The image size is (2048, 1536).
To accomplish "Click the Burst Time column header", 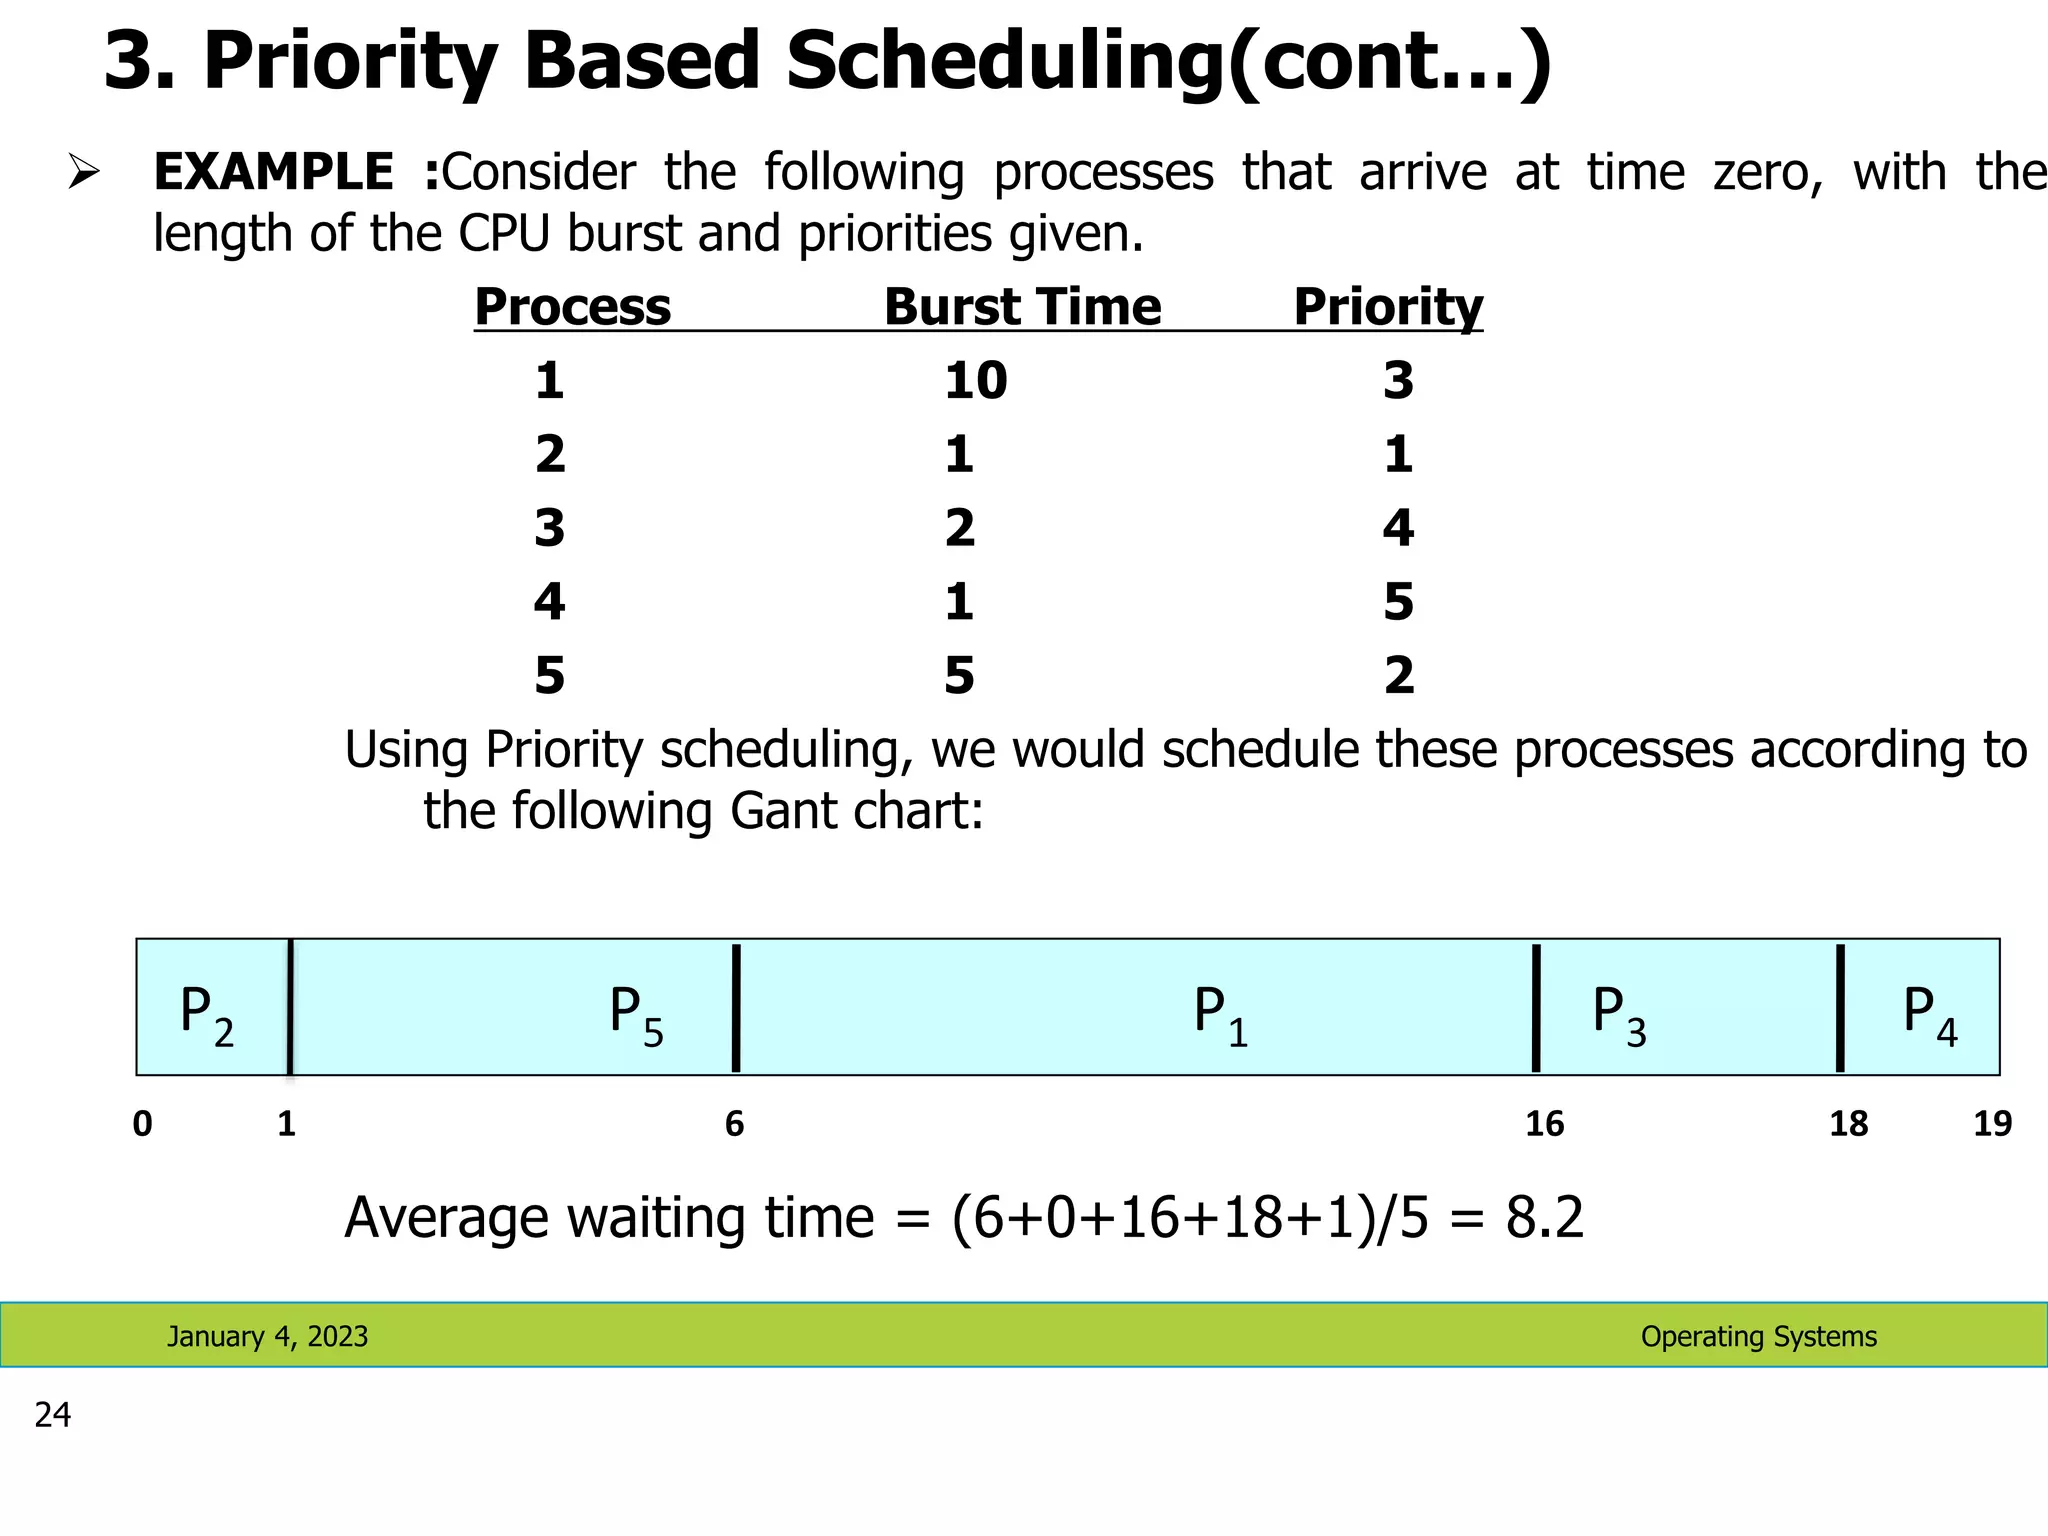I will [x=1022, y=306].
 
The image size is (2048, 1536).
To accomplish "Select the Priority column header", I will [x=1388, y=306].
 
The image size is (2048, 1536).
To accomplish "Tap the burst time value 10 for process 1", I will [x=975, y=381].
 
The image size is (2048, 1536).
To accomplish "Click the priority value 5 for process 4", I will [x=1398, y=602].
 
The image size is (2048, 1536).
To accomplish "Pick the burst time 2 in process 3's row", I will [x=959, y=528].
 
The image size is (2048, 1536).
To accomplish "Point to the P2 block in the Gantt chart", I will [x=207, y=1012].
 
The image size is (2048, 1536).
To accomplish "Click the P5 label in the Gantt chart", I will [x=636, y=1012].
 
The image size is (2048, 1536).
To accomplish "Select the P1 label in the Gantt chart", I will [x=1220, y=1012].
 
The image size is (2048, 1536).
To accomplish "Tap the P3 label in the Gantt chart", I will [x=1618, y=1012].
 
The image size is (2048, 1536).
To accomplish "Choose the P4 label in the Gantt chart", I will [x=1929, y=1012].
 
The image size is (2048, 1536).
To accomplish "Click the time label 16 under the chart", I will [x=1544, y=1124].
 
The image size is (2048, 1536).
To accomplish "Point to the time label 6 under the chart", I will [x=734, y=1124].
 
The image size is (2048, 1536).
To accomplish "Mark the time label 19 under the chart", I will [x=1992, y=1124].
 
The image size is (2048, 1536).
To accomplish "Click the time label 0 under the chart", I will [x=143, y=1124].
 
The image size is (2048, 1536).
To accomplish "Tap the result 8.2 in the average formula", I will [x=1545, y=1218].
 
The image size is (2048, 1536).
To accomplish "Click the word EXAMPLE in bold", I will [x=273, y=172].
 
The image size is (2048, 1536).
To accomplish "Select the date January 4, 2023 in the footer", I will [x=267, y=1336].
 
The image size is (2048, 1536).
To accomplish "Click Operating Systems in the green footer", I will [x=1758, y=1336].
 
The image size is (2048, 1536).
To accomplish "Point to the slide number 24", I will [x=53, y=1415].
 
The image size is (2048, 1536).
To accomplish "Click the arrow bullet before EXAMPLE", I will [x=83, y=172].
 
